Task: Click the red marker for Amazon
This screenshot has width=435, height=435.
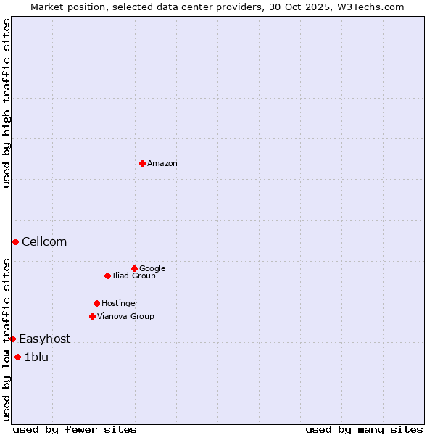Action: tap(142, 163)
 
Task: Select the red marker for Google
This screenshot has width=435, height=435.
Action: tap(134, 268)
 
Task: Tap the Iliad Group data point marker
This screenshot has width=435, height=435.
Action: tap(107, 275)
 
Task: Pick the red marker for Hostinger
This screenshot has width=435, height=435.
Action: tap(96, 303)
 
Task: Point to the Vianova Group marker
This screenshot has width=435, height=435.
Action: tap(92, 316)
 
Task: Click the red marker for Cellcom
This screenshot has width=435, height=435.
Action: tap(15, 241)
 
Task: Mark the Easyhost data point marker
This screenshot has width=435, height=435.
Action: tap(12, 339)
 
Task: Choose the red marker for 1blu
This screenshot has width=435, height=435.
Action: tap(17, 357)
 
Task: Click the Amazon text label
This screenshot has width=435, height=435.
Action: tap(162, 164)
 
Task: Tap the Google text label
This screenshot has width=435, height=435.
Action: tap(152, 269)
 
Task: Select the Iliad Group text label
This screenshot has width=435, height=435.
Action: tap(134, 276)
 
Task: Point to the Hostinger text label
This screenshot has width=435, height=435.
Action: tap(120, 304)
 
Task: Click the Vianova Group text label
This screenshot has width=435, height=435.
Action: tap(125, 317)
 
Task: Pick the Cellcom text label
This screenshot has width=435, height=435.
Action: tap(44, 242)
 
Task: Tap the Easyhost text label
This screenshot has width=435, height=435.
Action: tap(45, 339)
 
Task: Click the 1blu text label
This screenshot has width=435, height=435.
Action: tap(36, 357)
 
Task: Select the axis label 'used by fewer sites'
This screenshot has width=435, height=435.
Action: tap(75, 429)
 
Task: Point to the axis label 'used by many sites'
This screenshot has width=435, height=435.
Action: tap(364, 429)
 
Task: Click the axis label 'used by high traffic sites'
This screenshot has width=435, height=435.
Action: tap(7, 103)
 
